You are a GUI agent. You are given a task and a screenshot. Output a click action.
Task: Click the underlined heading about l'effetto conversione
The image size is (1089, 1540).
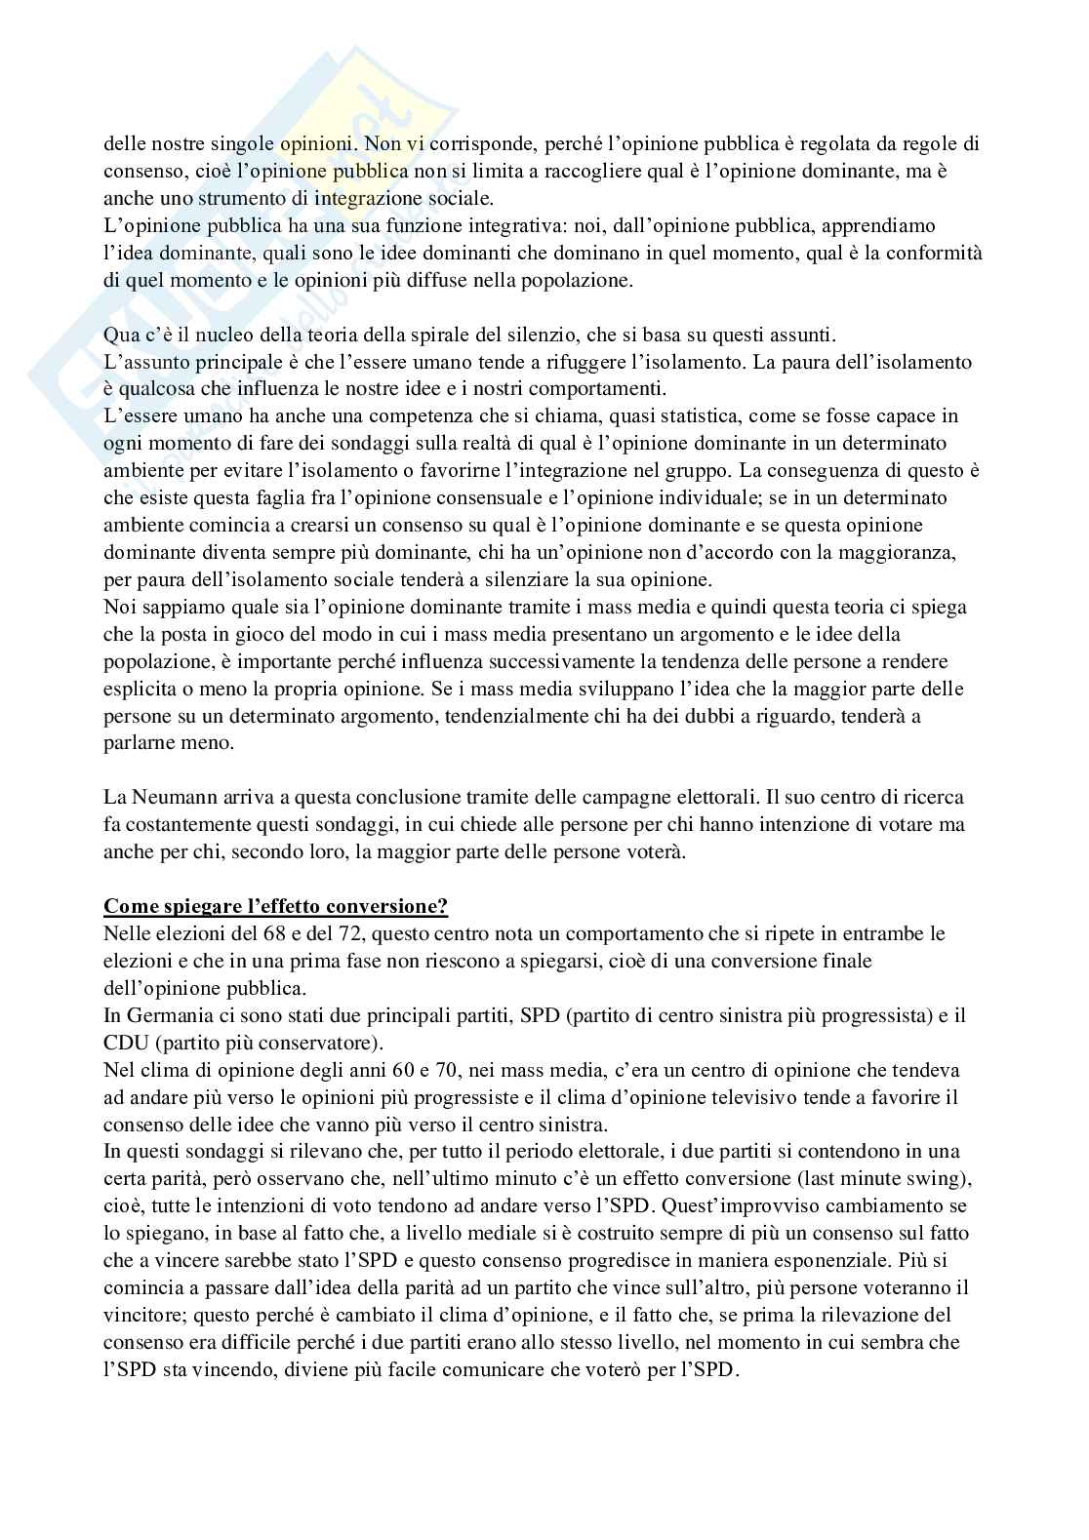click(x=275, y=906)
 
